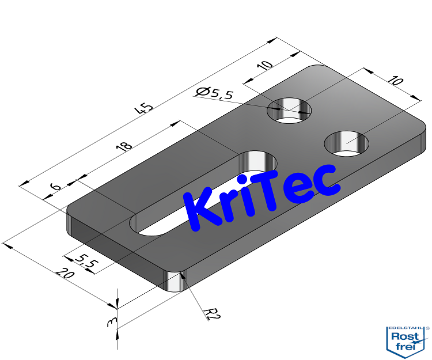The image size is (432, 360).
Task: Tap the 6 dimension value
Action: [55, 187]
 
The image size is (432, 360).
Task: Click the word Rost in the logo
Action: [405, 336]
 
